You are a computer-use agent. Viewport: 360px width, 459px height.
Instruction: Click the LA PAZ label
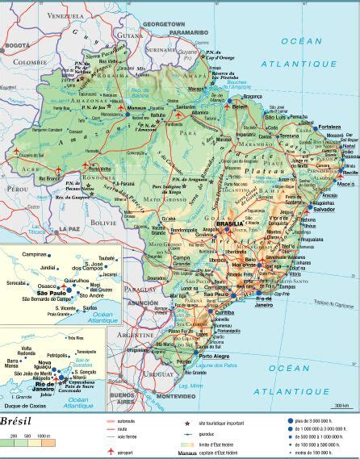[x=67, y=231]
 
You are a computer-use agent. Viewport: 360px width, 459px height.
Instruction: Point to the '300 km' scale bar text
[x=341, y=405]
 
